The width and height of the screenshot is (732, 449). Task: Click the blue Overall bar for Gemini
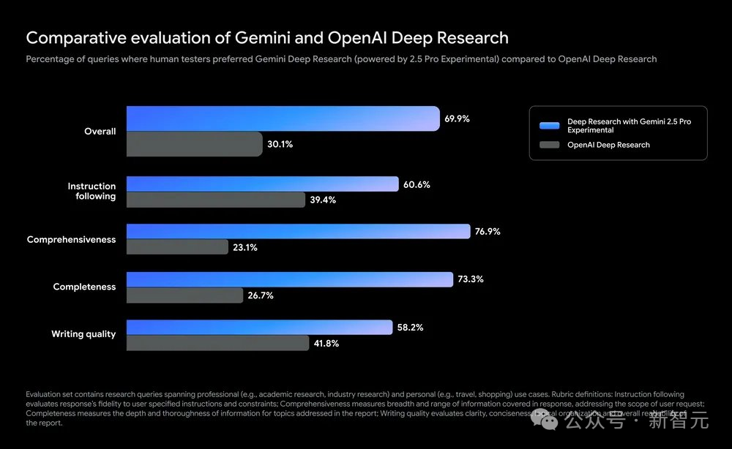(283, 118)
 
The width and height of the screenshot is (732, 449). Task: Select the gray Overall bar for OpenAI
(194, 144)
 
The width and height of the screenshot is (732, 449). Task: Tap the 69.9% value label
(457, 118)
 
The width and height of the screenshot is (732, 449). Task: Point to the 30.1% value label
(280, 145)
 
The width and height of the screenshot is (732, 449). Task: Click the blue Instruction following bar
(262, 184)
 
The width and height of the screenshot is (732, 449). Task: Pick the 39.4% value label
(323, 200)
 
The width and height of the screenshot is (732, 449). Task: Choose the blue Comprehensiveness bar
(298, 232)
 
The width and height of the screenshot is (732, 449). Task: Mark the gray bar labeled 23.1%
(177, 247)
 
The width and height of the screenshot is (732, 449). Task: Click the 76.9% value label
(488, 232)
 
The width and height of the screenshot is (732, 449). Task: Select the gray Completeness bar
(184, 295)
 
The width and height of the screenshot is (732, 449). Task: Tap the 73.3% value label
(471, 279)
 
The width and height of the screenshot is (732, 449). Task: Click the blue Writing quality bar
(258, 327)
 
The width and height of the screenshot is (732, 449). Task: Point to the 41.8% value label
(326, 343)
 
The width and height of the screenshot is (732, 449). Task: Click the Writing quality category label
(83, 334)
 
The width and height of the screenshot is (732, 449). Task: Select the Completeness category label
(84, 287)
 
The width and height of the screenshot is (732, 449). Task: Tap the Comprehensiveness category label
(71, 239)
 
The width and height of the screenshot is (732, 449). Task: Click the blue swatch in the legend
(550, 125)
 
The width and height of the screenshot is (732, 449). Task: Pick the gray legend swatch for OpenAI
(550, 145)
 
